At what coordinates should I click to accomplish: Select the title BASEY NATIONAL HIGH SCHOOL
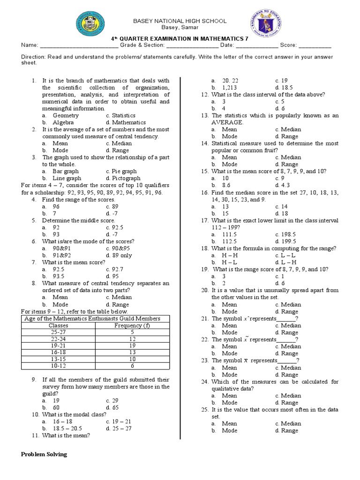coord(180,21)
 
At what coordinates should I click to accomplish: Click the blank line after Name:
coord(75,45)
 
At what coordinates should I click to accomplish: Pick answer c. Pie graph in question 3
coord(121,172)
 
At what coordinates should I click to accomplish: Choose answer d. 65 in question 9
coord(113,408)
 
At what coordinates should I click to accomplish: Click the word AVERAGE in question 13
coord(227,122)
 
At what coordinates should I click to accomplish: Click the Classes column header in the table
coord(58,325)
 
